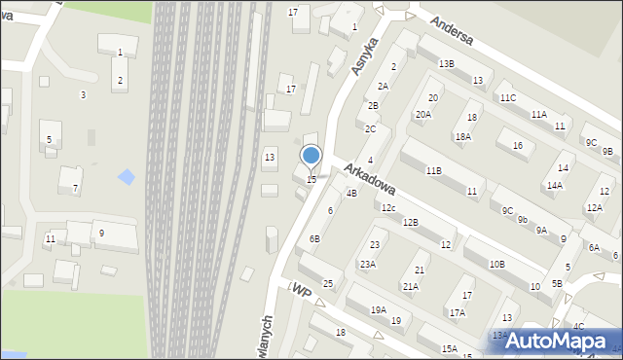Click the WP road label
coord(302,291)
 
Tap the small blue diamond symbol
coord(127,177)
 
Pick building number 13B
coord(446,64)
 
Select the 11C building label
coord(507,98)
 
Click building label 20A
coord(423,115)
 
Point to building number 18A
coord(462,137)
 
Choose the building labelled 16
coord(517,146)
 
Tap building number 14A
coord(554,185)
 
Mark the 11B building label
coord(433,170)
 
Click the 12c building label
coord(387,208)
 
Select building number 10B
coord(496,264)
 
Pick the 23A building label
coord(367,265)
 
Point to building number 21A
coord(411,286)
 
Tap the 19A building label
coord(378,309)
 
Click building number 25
coord(329,284)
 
